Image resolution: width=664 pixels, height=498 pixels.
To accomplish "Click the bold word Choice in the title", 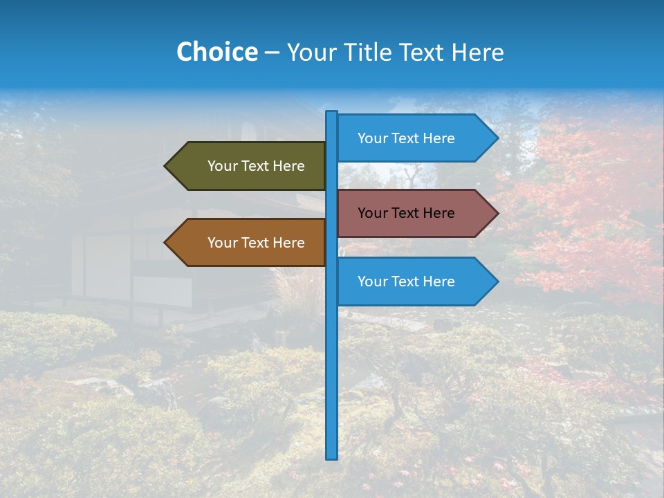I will click(x=216, y=52).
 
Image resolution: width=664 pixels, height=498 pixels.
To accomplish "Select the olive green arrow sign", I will click(x=249, y=166).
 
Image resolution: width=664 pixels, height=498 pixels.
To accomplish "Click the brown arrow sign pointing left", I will click(x=249, y=243).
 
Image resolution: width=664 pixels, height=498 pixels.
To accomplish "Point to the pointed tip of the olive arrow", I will click(x=166, y=166).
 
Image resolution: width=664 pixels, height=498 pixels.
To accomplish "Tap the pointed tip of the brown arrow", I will click(x=166, y=243).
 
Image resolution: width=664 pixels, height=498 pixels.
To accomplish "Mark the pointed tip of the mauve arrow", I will click(x=497, y=213).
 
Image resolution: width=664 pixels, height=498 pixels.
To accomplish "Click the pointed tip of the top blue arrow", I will click(x=497, y=138).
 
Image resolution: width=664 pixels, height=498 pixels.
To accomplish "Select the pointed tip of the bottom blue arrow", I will click(x=497, y=282).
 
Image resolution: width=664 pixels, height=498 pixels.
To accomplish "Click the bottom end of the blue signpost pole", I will click(x=332, y=456).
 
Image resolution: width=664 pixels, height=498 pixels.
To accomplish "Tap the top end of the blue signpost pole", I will click(x=332, y=113).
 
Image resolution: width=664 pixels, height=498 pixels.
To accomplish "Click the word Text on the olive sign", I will click(x=255, y=166).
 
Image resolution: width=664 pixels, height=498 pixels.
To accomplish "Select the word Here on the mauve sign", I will click(x=438, y=213).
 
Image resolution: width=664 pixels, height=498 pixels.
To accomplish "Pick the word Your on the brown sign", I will click(x=222, y=243).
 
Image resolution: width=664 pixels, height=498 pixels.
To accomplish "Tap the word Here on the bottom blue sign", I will click(x=438, y=282).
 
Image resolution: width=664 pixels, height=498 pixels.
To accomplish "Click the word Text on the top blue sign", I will click(x=405, y=138).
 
